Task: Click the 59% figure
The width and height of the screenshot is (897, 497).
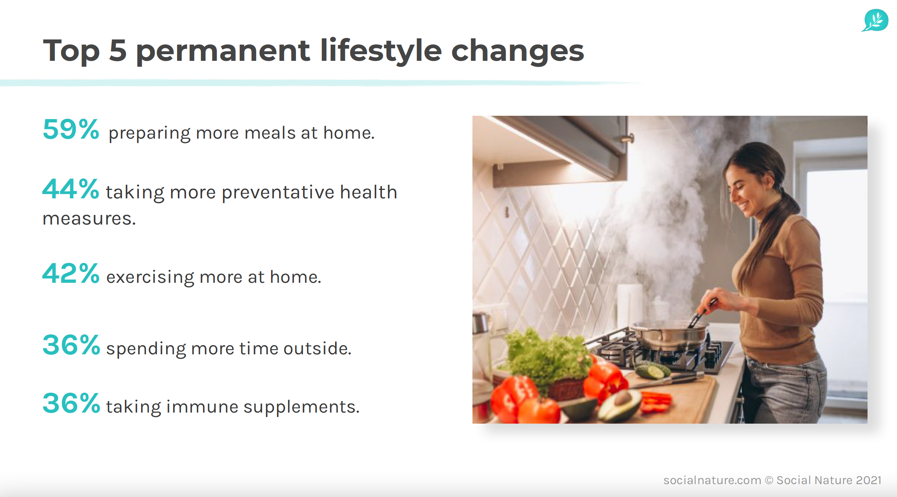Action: [71, 129]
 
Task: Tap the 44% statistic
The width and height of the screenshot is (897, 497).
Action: [71, 189]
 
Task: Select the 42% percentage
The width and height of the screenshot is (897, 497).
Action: [71, 274]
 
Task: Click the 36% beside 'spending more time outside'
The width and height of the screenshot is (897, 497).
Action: [71, 345]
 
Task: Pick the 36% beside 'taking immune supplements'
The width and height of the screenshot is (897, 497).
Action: [71, 403]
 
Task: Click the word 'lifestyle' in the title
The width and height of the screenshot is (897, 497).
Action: [381, 51]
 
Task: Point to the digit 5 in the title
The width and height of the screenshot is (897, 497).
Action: [118, 51]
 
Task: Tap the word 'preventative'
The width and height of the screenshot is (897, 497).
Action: [278, 192]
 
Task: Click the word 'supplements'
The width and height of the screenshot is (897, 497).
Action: [301, 407]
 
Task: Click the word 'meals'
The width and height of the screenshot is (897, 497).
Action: [270, 133]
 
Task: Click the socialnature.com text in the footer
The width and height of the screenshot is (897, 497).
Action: [712, 480]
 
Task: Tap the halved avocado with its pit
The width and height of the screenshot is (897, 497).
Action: [619, 404]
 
